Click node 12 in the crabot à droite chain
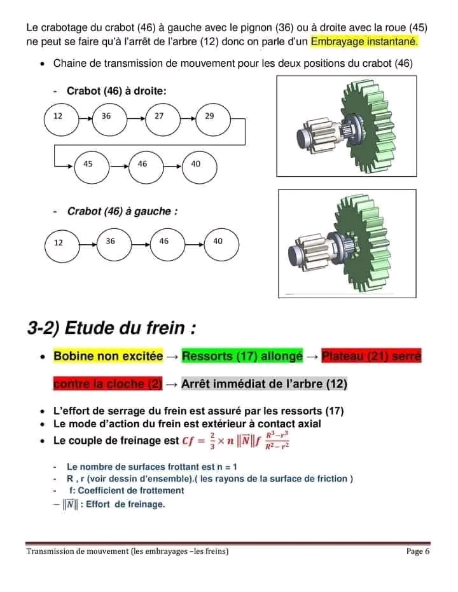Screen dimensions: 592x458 61,118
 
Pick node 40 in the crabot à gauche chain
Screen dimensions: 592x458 218,242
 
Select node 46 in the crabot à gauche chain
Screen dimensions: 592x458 165,242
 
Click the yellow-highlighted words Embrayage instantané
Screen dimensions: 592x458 364,41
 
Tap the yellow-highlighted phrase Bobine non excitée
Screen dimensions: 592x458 108,356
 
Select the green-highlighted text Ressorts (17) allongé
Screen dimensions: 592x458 242,356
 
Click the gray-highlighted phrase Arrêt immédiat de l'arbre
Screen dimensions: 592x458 264,384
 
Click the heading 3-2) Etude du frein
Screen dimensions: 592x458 111,329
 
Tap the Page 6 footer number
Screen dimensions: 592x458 418,551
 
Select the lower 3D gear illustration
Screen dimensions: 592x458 347,244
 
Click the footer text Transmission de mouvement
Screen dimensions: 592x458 127,551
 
